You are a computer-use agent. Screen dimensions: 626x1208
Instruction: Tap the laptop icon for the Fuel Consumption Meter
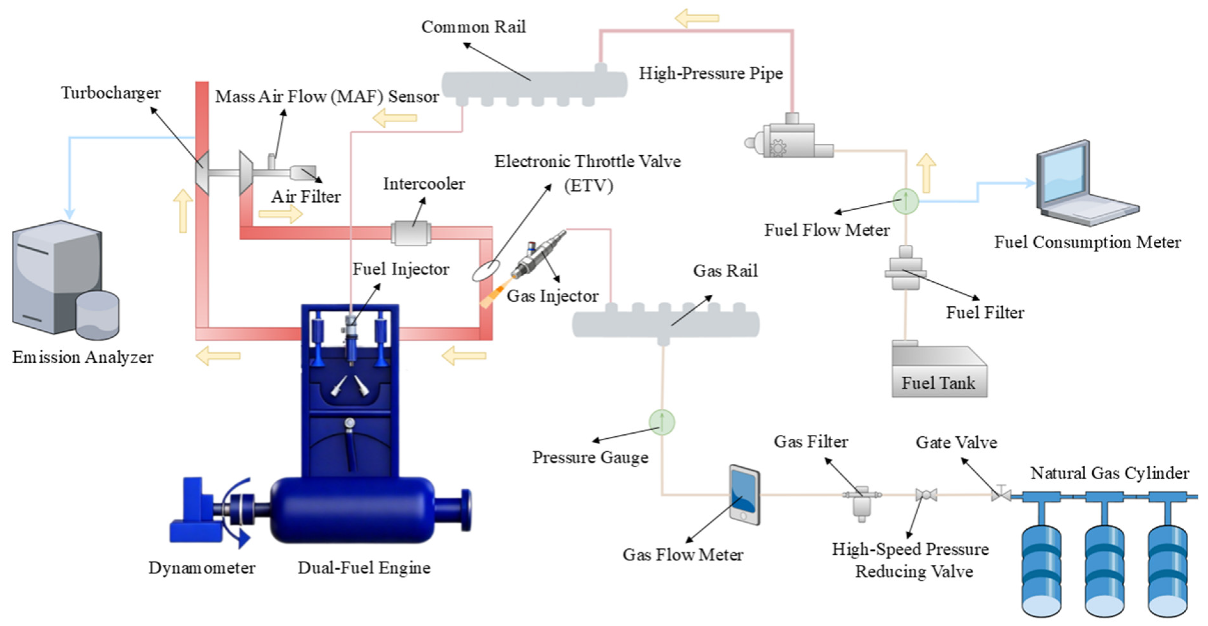coord(1083,185)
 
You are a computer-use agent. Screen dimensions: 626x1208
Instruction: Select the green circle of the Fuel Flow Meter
coord(905,201)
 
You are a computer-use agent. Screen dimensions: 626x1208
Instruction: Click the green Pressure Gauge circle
coord(662,422)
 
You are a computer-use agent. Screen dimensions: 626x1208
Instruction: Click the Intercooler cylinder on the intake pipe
coord(411,233)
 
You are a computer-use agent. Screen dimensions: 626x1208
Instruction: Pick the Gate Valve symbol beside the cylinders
coord(1001,494)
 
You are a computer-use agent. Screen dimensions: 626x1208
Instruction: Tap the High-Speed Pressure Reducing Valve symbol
coord(926,494)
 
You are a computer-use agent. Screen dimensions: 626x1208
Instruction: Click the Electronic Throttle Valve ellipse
coord(486,271)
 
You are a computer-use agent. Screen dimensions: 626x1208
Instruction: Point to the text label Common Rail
coord(473,27)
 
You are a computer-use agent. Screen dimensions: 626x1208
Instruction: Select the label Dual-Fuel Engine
coord(364,568)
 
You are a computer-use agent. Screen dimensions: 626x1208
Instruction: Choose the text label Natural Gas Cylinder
coord(1110,473)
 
